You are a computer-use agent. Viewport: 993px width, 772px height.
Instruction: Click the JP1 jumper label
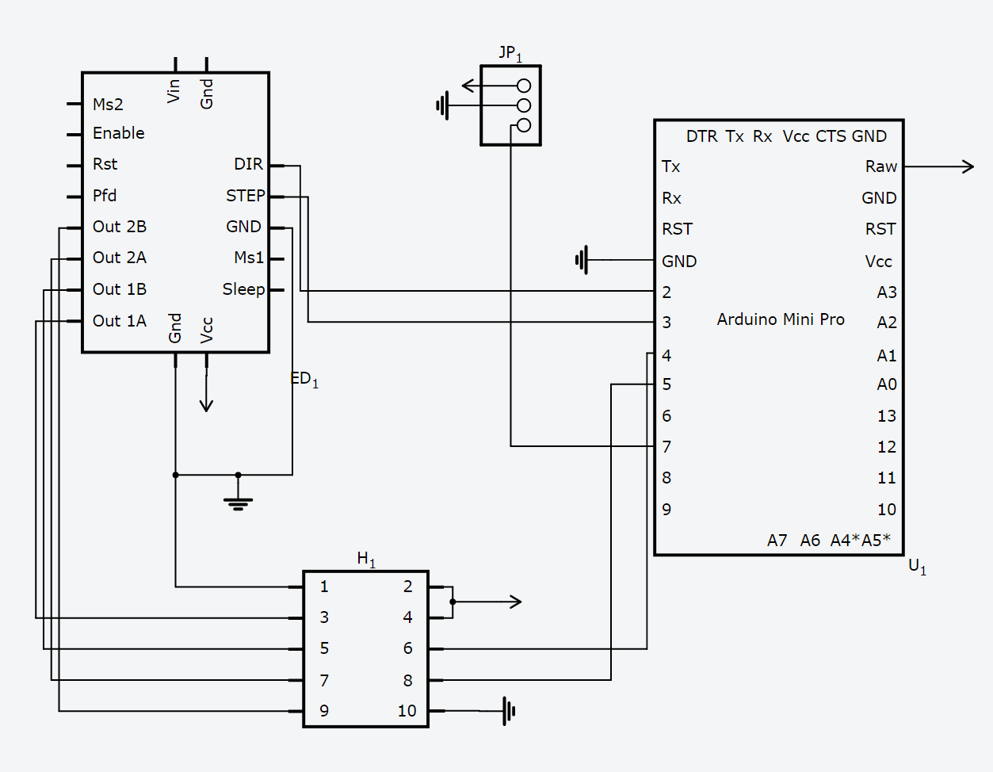pos(510,54)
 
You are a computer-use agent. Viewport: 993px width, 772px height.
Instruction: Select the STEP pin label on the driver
pos(245,196)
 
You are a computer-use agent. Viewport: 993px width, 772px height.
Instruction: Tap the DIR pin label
pos(248,164)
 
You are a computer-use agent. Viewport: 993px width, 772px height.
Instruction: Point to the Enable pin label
pos(118,133)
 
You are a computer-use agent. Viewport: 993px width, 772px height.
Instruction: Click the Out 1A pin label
pos(119,321)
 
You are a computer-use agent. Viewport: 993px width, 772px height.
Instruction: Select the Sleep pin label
pos(243,289)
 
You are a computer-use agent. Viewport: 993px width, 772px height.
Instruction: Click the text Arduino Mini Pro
pos(781,319)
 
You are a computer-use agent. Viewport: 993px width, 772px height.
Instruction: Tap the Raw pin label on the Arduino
pos(880,167)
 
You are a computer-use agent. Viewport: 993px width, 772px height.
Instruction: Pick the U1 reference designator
pos(917,566)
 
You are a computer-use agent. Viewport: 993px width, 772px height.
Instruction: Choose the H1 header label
pos(366,559)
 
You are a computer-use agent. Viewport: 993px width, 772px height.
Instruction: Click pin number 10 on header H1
pos(407,711)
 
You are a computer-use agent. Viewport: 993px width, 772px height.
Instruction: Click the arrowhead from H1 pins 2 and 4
pos(515,602)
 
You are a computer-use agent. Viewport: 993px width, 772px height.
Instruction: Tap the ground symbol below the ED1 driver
pos(238,502)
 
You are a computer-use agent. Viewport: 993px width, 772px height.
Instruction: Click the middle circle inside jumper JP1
pos(523,105)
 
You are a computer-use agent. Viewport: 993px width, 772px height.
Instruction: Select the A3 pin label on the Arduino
pos(886,292)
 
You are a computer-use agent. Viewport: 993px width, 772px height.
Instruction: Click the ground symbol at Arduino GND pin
pos(582,260)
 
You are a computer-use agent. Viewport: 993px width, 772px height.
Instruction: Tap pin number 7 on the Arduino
pos(666,447)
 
